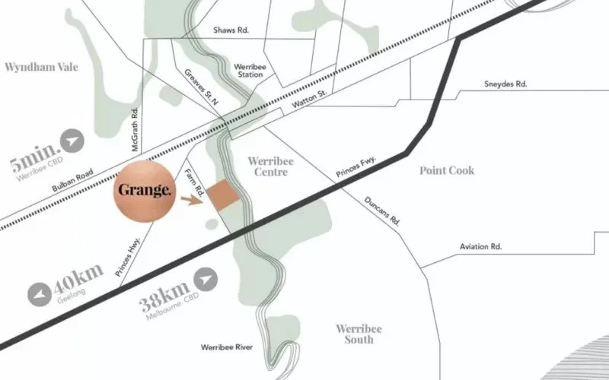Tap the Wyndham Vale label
pyautogui.click(x=41, y=67)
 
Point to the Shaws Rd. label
pyautogui.click(x=233, y=30)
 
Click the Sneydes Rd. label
pyautogui.click(x=505, y=84)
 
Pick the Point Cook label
pyautogui.click(x=447, y=170)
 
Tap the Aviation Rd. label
pyautogui.click(x=480, y=247)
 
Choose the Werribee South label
pyautogui.click(x=359, y=334)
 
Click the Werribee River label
pyautogui.click(x=226, y=347)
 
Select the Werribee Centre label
pyautogui.click(x=268, y=167)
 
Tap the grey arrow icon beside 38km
pyautogui.click(x=206, y=280)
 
